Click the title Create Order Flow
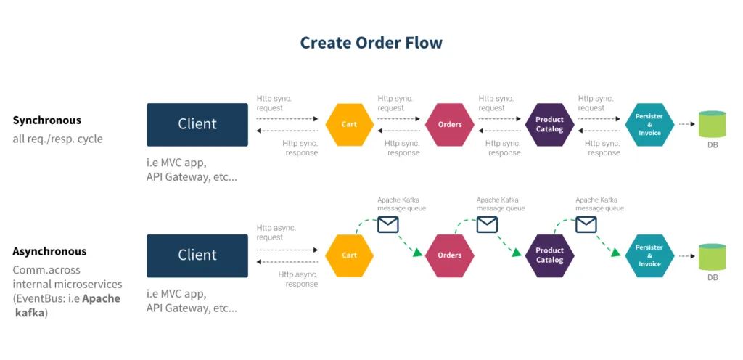(x=371, y=43)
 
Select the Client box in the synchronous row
(x=197, y=124)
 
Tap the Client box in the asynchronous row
(x=197, y=255)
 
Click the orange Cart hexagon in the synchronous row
(x=350, y=124)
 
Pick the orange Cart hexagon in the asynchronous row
(x=350, y=255)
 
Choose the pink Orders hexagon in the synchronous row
(x=450, y=124)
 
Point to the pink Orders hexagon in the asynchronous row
(x=450, y=255)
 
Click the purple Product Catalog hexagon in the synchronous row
(x=549, y=124)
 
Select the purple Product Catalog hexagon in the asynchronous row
(x=549, y=255)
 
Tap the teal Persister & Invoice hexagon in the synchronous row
(x=649, y=124)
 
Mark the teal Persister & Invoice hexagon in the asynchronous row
(x=649, y=255)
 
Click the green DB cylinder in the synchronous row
(x=712, y=124)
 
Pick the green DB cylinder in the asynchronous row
(x=712, y=256)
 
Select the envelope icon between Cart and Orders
(x=388, y=225)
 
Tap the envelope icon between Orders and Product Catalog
(x=487, y=225)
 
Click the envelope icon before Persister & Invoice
(x=586, y=225)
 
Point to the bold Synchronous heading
(x=46, y=120)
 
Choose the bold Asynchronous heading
(x=49, y=252)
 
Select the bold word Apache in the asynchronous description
(x=102, y=298)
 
